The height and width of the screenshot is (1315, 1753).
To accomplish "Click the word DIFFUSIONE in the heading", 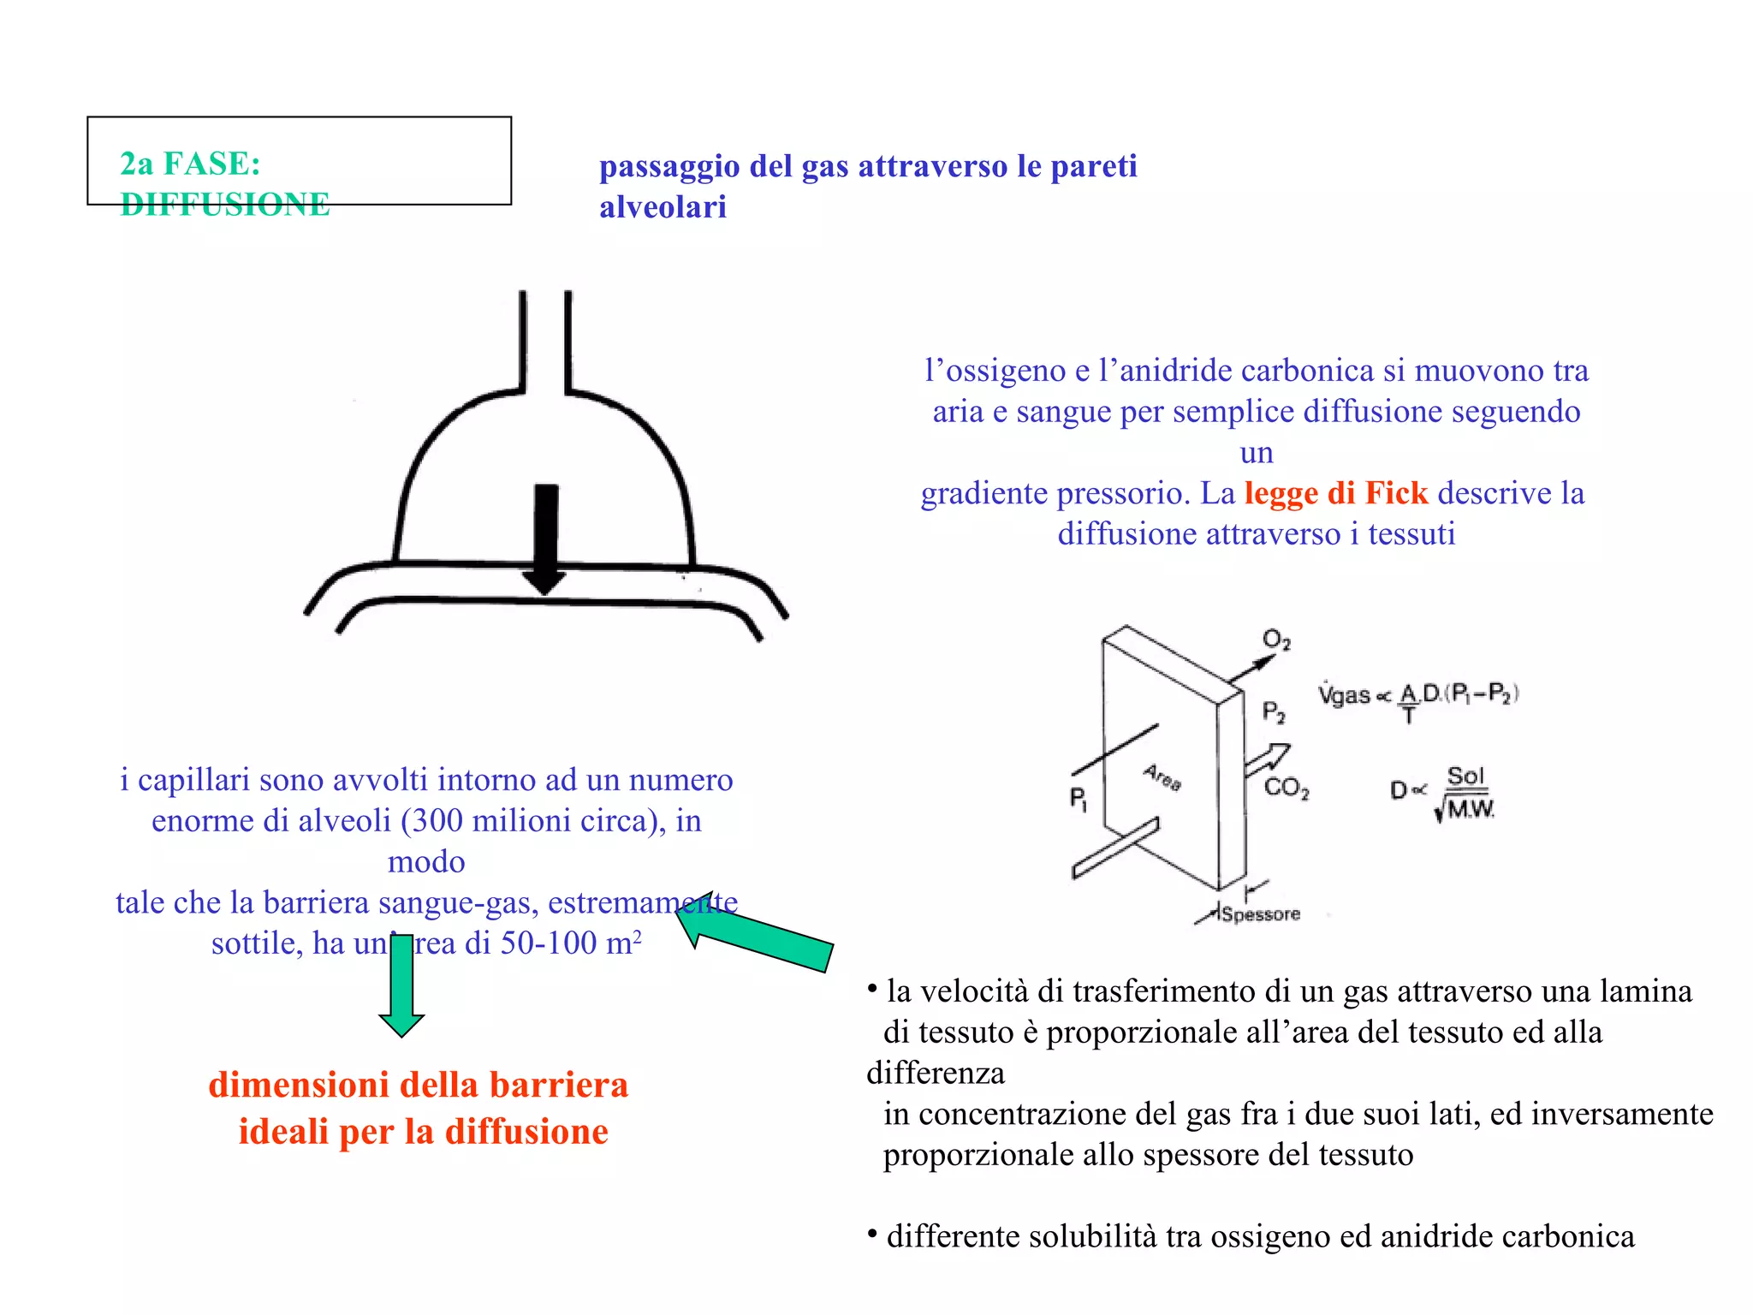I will [225, 205].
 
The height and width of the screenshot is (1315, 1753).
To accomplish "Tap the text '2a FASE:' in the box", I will [190, 164].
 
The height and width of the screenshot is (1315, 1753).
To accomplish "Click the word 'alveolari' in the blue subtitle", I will [663, 207].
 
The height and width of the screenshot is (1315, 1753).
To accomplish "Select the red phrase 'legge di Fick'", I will [1335, 493].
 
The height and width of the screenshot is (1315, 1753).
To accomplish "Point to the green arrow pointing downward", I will [401, 985].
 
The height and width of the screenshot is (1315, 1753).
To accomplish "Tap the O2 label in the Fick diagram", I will [1276, 640].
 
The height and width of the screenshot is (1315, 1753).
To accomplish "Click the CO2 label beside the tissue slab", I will [1286, 788].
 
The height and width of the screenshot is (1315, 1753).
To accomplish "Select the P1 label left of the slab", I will [1079, 799].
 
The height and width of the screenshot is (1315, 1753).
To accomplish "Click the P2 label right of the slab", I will [1274, 712].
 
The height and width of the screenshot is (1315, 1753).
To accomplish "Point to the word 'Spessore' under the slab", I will [1260, 914].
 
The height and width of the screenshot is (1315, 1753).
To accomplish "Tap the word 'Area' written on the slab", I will [1162, 777].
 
